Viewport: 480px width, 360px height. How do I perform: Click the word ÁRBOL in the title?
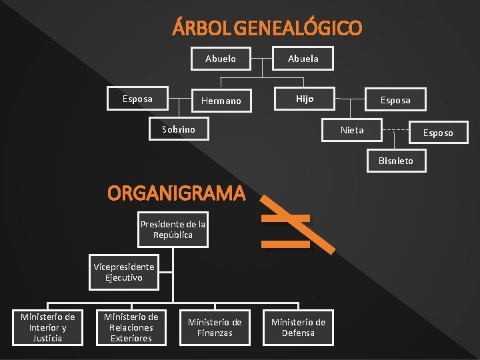coord(193,29)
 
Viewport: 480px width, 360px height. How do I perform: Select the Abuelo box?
coord(221,59)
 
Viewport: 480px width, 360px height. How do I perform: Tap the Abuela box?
coord(303,59)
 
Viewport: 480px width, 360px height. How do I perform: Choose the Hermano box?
coord(221,101)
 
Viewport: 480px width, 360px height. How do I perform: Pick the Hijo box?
coord(305,99)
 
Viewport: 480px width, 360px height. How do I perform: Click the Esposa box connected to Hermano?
coord(137,99)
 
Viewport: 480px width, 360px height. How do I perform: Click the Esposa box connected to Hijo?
coord(395,100)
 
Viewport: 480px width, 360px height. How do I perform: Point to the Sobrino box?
coord(179,129)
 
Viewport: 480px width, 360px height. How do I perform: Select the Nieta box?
coord(352,130)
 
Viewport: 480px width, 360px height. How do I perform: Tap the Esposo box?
coord(438,133)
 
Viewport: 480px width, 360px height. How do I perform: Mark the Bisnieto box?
coord(396,161)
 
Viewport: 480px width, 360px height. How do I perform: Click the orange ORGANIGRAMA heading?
coord(177,194)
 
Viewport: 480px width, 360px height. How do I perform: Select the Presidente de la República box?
coord(173,229)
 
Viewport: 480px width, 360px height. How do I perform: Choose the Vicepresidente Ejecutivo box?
coord(124,273)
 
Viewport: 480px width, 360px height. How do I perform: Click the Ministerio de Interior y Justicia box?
coord(48,327)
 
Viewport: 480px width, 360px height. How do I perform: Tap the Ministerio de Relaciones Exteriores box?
coord(131,327)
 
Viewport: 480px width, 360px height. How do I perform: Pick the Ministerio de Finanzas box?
coord(215,327)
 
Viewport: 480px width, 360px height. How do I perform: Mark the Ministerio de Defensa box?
coord(298,327)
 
